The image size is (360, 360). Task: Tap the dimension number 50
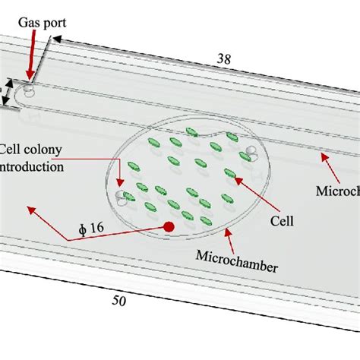pyautogui.click(x=119, y=300)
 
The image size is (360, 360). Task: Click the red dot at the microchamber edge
pyautogui.click(x=169, y=226)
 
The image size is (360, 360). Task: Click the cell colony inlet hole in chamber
pyautogui.click(x=119, y=199)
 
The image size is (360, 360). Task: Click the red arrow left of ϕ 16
pyautogui.click(x=46, y=222)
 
